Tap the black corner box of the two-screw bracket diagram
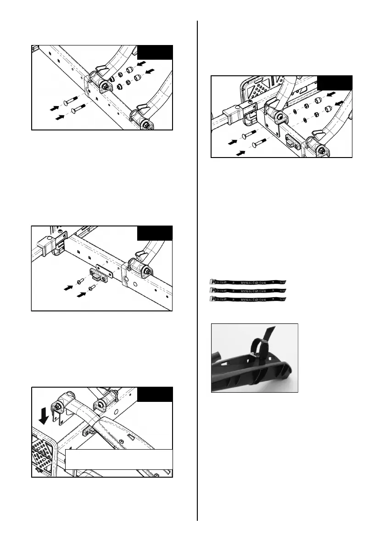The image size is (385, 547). click(x=155, y=233)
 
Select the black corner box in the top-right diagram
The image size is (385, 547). click(x=335, y=83)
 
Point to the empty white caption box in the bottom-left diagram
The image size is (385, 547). click(x=119, y=459)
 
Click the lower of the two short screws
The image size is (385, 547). click(x=91, y=288)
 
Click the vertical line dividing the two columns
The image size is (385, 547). click(x=197, y=271)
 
